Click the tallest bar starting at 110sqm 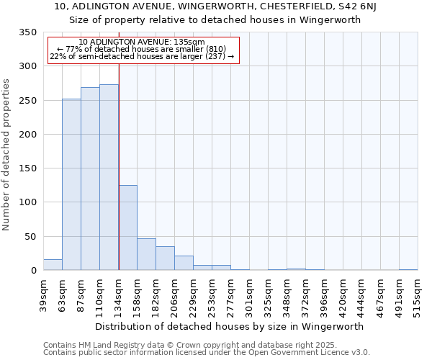pyautogui.click(x=109, y=177)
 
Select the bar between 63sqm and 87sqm pyautogui.click(x=71, y=184)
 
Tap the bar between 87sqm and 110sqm pyautogui.click(x=90, y=179)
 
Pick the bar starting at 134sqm pyautogui.click(x=127, y=228)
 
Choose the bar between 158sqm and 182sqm pyautogui.click(x=146, y=254)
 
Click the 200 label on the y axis pyautogui.click(x=27, y=135)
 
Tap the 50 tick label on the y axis pyautogui.click(x=30, y=237)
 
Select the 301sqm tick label pyautogui.click(x=249, y=295)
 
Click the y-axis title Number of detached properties pyautogui.click(x=6, y=156)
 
